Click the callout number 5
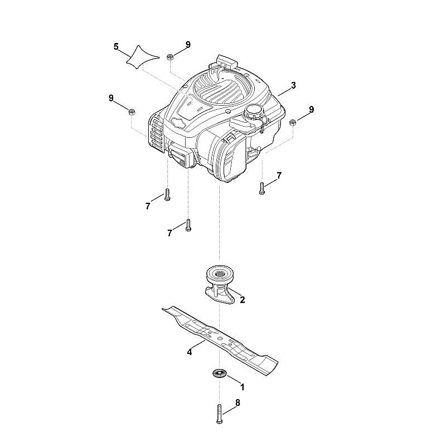pyautogui.click(x=116, y=46)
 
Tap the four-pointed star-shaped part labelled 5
pyautogui.click(x=142, y=57)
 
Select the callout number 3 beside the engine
pyautogui.click(x=293, y=85)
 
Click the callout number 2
pyautogui.click(x=243, y=299)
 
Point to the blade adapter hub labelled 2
pyautogui.click(x=220, y=284)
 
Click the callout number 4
pyautogui.click(x=190, y=352)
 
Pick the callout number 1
pyautogui.click(x=243, y=387)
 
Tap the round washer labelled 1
pyautogui.click(x=219, y=374)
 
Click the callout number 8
pyautogui.click(x=237, y=403)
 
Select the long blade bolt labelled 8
pyautogui.click(x=219, y=414)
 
